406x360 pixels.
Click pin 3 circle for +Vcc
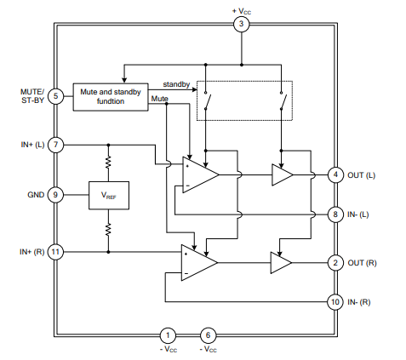click(242, 24)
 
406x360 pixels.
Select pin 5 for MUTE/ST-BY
click(55, 96)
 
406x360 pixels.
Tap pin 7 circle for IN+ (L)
click(55, 145)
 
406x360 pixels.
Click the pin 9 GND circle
click(55, 195)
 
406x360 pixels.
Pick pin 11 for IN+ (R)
click(55, 252)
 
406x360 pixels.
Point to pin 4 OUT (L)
click(335, 174)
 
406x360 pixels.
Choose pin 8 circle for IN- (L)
click(335, 214)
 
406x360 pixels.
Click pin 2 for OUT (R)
click(335, 263)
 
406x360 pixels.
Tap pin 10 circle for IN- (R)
click(335, 302)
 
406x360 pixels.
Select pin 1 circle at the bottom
click(168, 335)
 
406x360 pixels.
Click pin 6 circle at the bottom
click(209, 335)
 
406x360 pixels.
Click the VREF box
click(109, 196)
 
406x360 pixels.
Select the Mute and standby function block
click(111, 97)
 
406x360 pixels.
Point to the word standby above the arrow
click(176, 84)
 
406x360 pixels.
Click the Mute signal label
click(160, 99)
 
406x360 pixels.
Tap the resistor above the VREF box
click(108, 162)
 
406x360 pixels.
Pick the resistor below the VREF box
click(108, 229)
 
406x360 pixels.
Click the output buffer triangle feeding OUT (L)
click(283, 175)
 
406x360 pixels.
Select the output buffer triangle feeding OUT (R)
click(281, 263)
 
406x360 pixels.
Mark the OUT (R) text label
click(362, 263)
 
